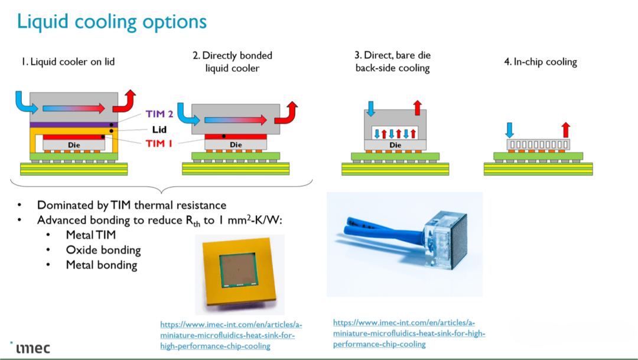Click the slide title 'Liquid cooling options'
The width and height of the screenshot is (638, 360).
(112, 21)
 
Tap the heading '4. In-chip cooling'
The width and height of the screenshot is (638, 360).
(540, 61)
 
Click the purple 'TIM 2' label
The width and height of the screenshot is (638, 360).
(159, 115)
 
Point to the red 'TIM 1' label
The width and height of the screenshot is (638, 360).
(159, 144)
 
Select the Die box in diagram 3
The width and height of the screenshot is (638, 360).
(395, 144)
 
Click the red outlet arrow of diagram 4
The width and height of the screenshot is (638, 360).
(565, 128)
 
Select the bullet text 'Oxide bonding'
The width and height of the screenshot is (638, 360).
(103, 250)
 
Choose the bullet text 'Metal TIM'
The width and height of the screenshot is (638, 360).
(90, 235)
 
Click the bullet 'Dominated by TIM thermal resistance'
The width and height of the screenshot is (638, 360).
(131, 205)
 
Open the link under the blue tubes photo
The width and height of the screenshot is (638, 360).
(409, 333)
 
